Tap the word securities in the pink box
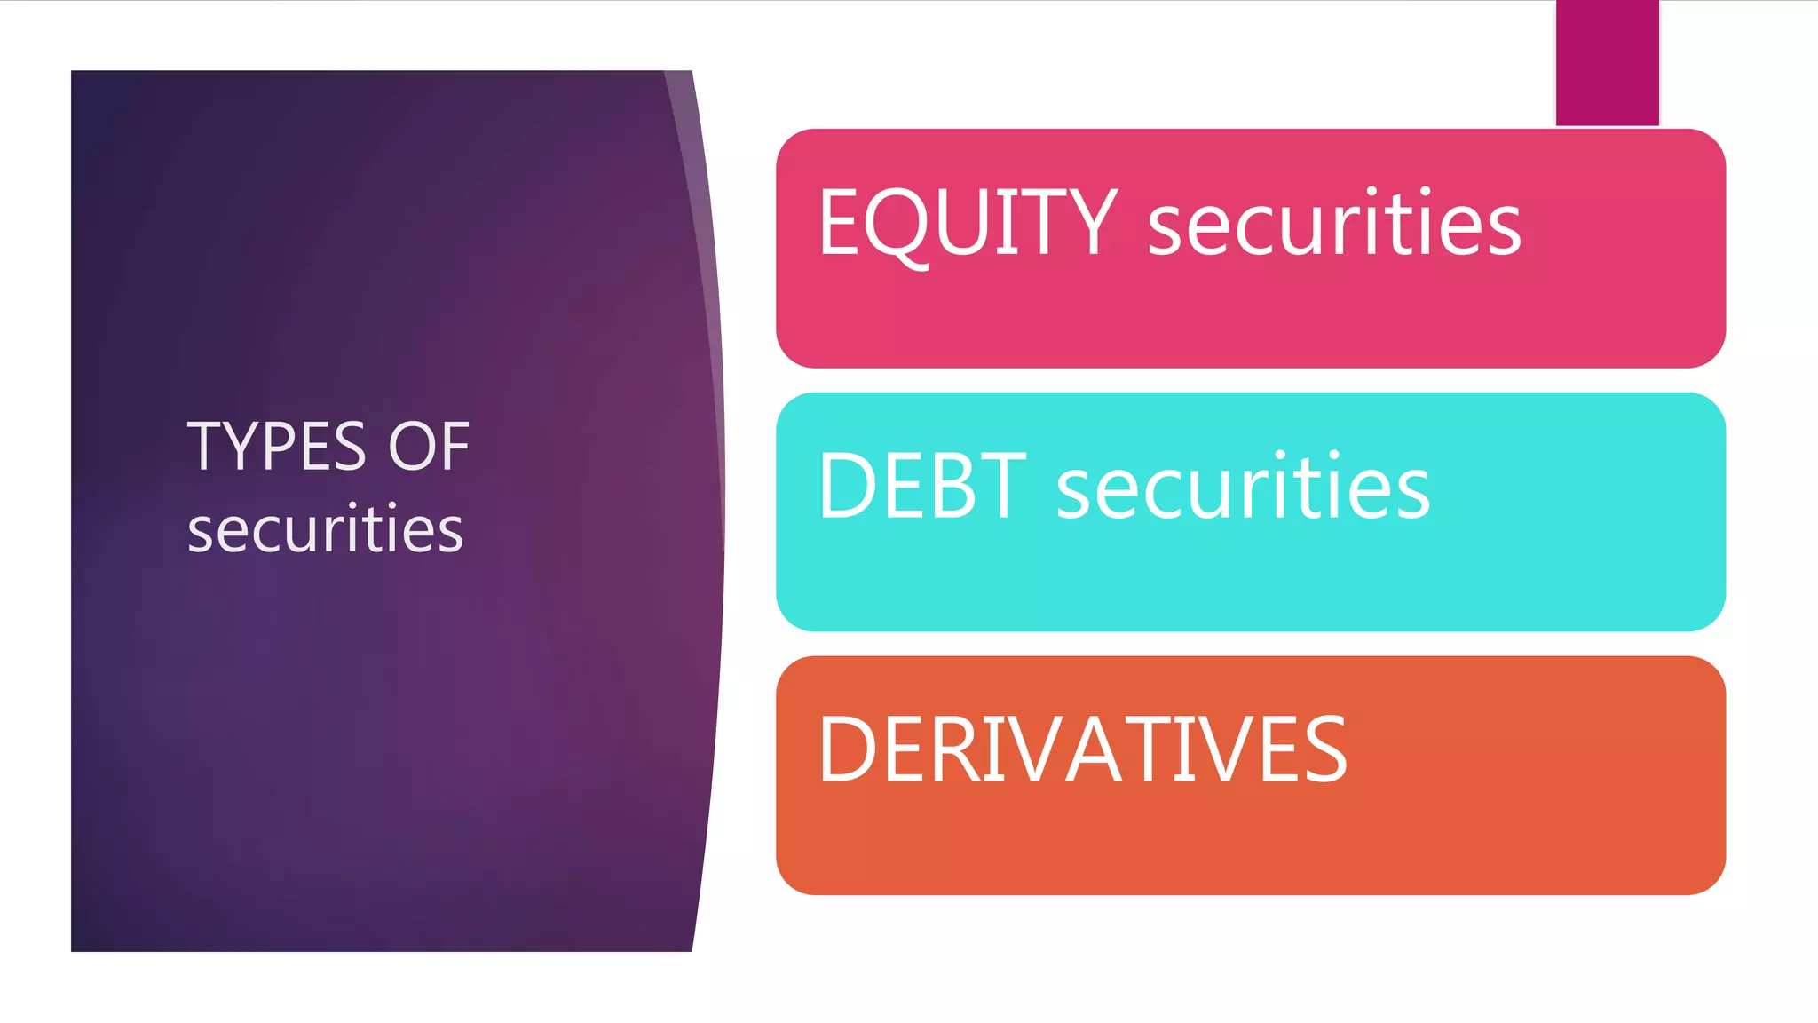[x=1334, y=224]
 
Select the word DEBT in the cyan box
[x=922, y=486]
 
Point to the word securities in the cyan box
[x=1243, y=487]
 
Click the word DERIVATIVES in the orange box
[x=1082, y=749]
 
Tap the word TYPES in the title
[x=276, y=446]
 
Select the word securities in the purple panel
[x=325, y=529]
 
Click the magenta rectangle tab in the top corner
[x=1607, y=62]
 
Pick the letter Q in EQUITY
[x=897, y=224]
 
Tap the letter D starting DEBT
[x=848, y=486]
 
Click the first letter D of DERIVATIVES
[x=848, y=749]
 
